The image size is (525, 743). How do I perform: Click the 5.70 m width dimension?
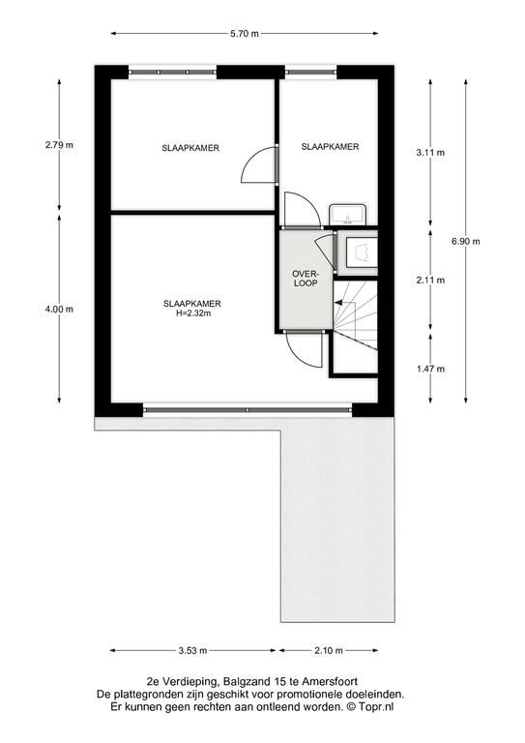(x=245, y=34)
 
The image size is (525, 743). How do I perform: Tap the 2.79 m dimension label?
(x=59, y=145)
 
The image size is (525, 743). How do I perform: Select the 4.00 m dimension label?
(x=59, y=309)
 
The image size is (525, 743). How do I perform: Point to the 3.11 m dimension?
(x=430, y=153)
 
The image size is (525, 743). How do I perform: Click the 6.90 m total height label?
(x=466, y=241)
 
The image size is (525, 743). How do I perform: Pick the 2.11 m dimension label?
(x=430, y=280)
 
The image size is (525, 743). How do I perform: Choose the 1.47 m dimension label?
(x=430, y=369)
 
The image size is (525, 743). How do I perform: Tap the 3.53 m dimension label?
(x=192, y=650)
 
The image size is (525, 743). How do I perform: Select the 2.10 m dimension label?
(x=329, y=650)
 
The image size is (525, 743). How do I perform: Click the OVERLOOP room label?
(x=306, y=279)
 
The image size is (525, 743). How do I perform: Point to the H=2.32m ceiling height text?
(x=192, y=313)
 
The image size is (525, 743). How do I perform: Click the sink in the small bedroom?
(x=348, y=214)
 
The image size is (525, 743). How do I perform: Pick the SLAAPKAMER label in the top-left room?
(x=190, y=148)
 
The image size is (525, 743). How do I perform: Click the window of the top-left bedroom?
(x=172, y=72)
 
